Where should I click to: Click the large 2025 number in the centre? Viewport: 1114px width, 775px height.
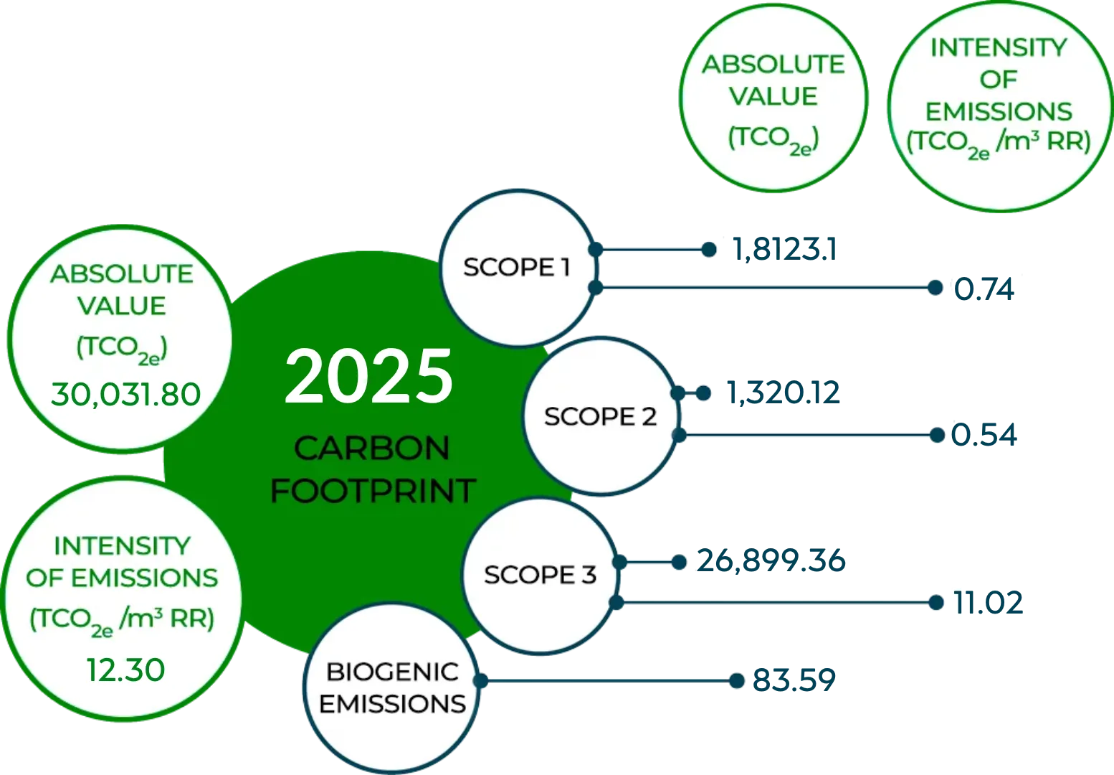368,376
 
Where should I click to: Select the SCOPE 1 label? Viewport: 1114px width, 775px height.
517,267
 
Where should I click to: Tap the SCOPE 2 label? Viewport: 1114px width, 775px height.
600,416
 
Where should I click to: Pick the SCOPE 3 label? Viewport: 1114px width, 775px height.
540,575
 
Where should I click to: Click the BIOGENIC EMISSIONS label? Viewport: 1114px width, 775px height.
392,688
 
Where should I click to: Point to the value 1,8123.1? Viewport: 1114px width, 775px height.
785,250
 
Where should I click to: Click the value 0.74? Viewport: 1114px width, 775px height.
984,289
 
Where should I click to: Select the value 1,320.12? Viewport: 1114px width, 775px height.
784,393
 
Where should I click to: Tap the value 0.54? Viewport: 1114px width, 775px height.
984,435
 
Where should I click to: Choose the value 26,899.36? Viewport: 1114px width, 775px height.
771,561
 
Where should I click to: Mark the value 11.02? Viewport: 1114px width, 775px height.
988,603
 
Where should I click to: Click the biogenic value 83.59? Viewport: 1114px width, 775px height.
794,680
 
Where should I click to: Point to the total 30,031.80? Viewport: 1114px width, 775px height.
125,395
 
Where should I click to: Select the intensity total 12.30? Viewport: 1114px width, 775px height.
125,670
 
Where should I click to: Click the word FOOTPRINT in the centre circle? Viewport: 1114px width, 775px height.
373,492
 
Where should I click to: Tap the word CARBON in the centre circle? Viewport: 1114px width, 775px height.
372,448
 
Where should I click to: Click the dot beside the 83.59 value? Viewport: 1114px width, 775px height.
736,680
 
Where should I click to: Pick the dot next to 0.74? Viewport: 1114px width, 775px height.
936,288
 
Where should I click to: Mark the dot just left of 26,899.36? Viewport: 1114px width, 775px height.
679,563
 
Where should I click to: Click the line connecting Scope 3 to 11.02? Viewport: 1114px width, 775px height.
776,603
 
